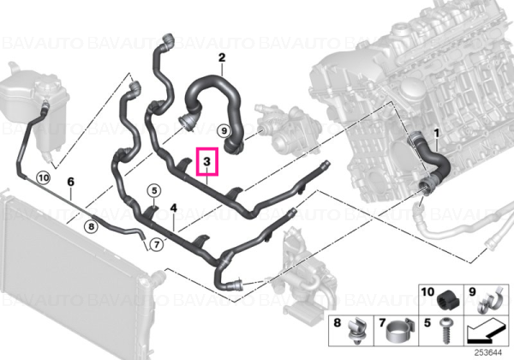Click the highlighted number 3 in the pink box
tap(206, 161)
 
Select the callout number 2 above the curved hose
tap(222, 57)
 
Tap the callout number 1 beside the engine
tap(436, 133)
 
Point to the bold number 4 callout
tap(173, 207)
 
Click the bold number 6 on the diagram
tap(71, 182)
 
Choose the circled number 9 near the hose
tap(224, 131)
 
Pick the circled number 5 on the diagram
tap(154, 191)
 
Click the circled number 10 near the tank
tap(44, 178)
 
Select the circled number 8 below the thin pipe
tap(91, 226)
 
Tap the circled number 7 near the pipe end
tap(157, 244)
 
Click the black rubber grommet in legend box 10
tap(448, 300)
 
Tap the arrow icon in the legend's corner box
tap(484, 331)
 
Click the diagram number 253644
tap(488, 353)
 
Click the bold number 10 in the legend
tap(427, 291)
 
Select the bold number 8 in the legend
tap(338, 322)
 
